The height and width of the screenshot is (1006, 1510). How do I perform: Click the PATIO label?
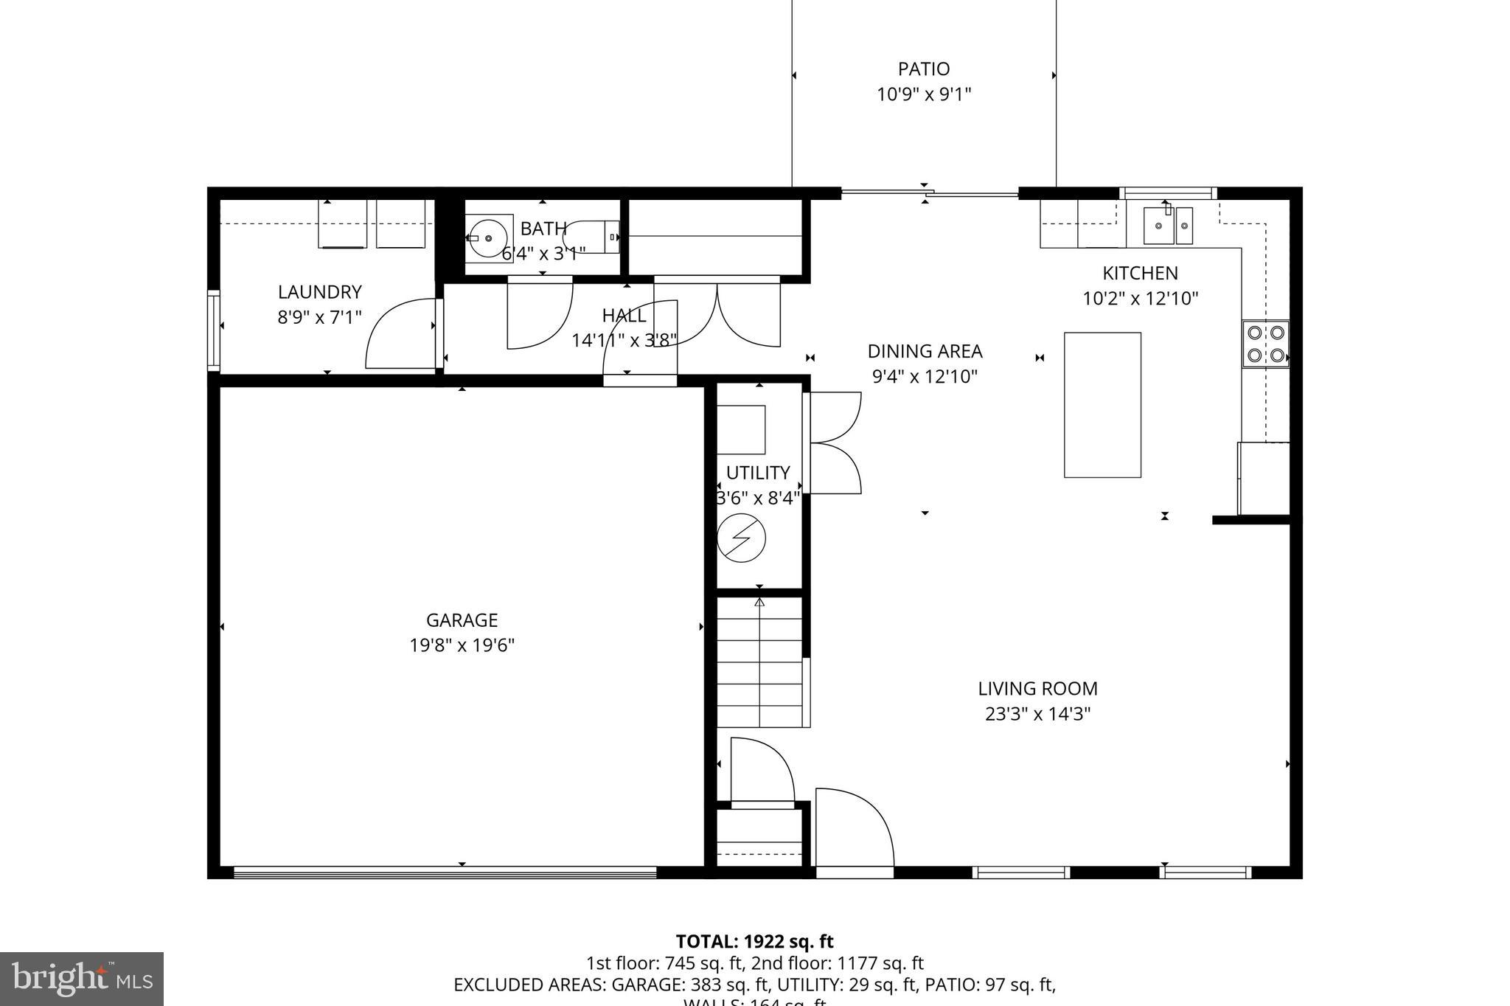pos(923,69)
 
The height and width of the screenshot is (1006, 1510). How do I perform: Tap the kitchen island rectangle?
pos(1102,404)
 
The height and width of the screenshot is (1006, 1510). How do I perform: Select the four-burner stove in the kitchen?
pos(1265,344)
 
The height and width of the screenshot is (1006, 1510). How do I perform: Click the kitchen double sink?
pos(1168,225)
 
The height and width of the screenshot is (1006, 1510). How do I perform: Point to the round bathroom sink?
pos(487,238)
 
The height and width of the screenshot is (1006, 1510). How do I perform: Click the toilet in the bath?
pos(592,237)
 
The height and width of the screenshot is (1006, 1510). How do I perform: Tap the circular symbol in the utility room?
pos(741,538)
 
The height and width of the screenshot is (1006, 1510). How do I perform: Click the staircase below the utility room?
pos(760,662)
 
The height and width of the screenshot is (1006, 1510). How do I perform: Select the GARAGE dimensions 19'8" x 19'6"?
pos(462,645)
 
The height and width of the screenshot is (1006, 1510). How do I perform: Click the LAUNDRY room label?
pos(319,292)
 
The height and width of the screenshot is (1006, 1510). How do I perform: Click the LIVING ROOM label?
pos(1037,689)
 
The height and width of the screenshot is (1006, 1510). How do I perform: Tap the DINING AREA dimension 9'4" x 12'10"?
pos(925,377)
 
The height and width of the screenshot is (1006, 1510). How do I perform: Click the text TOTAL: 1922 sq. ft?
pos(754,942)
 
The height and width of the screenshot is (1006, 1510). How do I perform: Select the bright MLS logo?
pos(81,979)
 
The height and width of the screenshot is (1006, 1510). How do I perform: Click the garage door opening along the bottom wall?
pos(445,873)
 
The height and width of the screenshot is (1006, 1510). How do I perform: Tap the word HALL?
pos(624,316)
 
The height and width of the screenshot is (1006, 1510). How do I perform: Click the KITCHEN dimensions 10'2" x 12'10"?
pos(1140,299)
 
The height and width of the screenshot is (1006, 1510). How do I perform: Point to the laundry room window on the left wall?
pos(214,330)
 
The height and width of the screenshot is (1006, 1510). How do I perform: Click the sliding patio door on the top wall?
pos(929,194)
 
